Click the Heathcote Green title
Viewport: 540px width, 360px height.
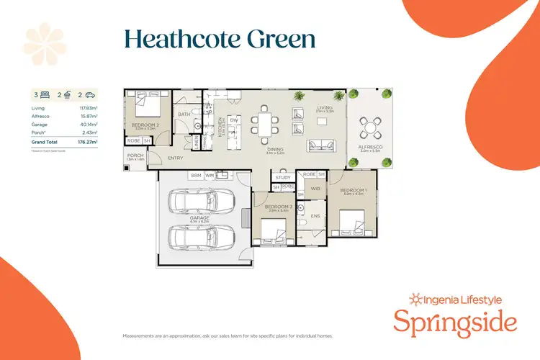point(220,39)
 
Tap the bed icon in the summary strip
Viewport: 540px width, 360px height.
point(45,94)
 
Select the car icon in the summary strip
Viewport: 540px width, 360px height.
point(91,94)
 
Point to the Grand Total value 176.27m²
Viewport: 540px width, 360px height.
point(87,142)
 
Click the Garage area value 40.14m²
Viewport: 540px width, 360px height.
point(88,124)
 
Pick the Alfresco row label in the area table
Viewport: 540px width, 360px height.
point(40,116)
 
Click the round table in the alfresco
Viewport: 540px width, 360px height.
point(370,130)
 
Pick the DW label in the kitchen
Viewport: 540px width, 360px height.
point(234,120)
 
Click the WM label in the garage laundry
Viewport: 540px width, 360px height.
point(210,175)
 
